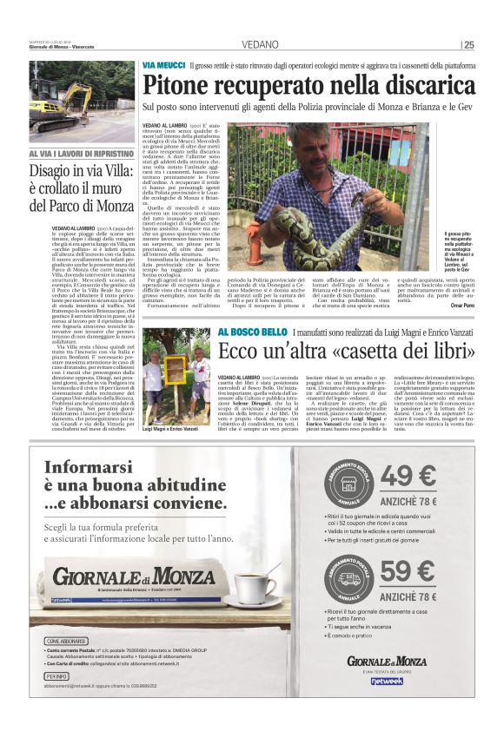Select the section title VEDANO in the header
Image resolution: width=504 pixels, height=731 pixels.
pyautogui.click(x=261, y=44)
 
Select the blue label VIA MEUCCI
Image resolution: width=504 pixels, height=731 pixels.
pyautogui.click(x=162, y=65)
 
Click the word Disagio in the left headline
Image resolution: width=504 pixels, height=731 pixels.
pyautogui.click(x=55, y=171)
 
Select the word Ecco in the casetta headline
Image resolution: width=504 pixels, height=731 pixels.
pyautogui.click(x=239, y=353)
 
